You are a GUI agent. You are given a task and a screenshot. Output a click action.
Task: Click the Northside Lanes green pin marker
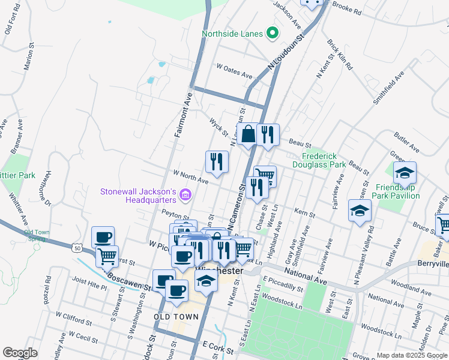(x=273, y=34)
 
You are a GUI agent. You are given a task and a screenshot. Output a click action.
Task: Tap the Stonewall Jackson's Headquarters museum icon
(x=185, y=194)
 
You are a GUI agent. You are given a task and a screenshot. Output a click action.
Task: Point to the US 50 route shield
(x=76, y=247)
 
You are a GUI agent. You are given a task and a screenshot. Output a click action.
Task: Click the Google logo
(x=20, y=352)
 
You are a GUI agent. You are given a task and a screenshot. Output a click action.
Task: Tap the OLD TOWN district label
(x=172, y=316)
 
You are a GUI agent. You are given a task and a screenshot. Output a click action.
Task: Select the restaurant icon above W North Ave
(x=217, y=161)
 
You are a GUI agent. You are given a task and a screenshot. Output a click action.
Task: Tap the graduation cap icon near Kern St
(x=360, y=211)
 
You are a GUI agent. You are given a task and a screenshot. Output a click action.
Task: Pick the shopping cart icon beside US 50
(x=107, y=256)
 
